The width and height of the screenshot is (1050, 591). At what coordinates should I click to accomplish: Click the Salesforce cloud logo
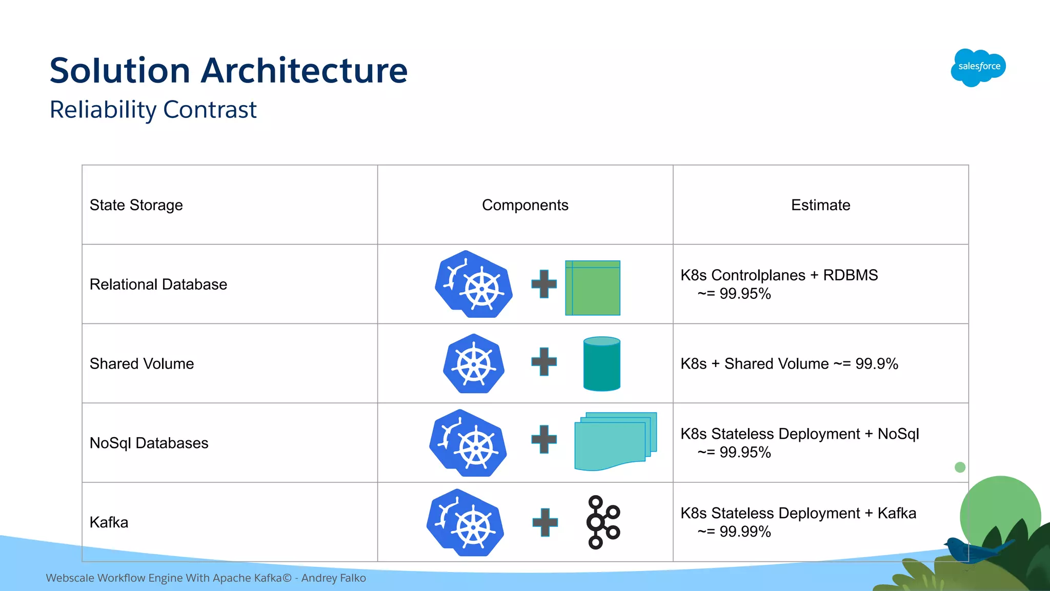[978, 67]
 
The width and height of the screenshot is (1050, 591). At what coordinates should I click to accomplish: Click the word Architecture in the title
[304, 70]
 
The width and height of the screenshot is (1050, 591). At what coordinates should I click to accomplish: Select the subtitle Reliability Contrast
[153, 110]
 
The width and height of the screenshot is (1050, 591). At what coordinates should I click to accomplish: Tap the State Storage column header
[136, 205]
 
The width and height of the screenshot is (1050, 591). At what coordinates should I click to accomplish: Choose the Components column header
[525, 205]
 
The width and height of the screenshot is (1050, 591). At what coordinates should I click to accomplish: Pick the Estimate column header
[820, 205]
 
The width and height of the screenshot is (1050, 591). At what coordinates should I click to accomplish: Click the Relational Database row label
[158, 284]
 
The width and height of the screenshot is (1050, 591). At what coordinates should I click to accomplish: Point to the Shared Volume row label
[142, 364]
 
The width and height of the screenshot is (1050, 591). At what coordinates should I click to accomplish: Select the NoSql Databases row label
[149, 443]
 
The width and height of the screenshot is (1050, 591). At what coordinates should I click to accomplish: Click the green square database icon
[593, 288]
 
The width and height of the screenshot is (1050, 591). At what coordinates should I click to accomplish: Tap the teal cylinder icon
[602, 364]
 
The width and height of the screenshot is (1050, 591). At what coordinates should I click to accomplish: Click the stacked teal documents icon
[615, 441]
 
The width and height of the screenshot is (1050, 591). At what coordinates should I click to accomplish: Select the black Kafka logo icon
[603, 522]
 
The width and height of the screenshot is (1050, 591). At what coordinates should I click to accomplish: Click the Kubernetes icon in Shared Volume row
[474, 364]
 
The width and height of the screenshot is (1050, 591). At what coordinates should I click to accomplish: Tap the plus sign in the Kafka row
[544, 522]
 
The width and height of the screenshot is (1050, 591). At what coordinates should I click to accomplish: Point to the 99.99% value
[745, 532]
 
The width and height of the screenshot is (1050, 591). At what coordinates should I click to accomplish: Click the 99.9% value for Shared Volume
[877, 364]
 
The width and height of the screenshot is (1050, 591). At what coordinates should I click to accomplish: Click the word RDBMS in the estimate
[850, 275]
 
